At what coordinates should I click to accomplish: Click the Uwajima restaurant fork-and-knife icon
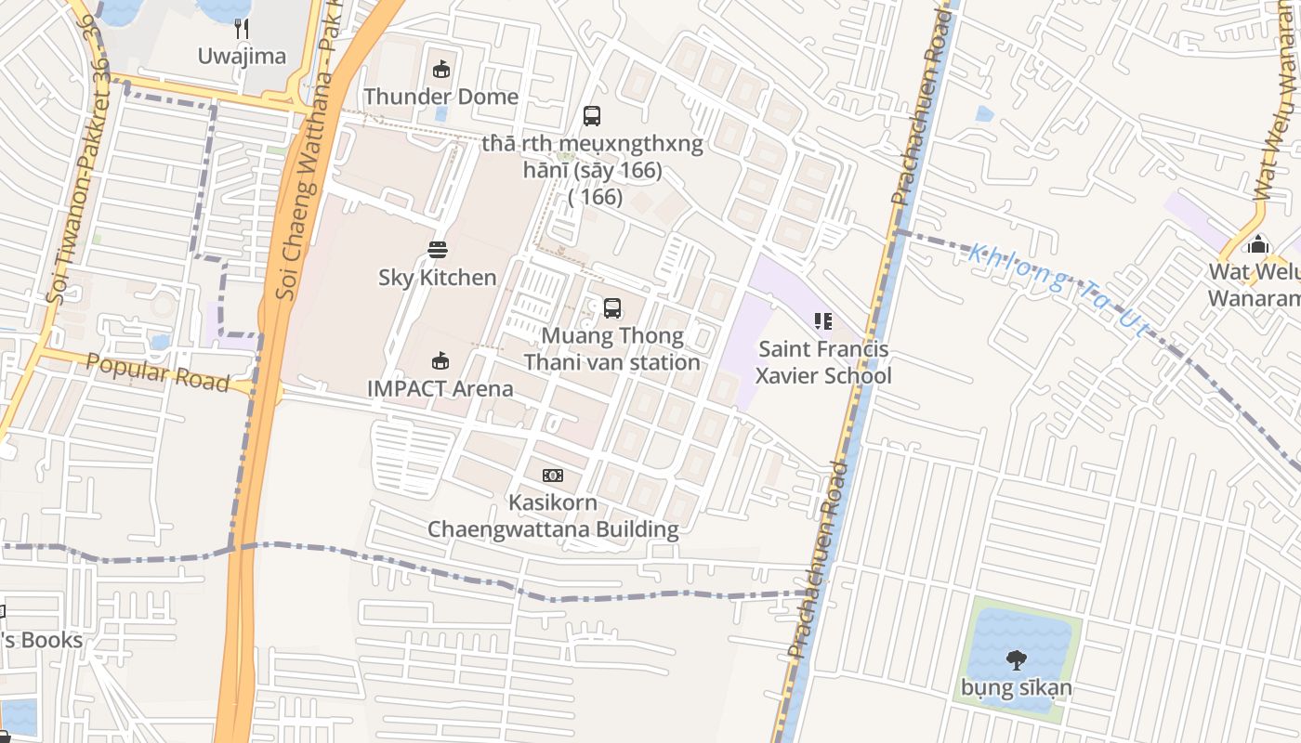[x=242, y=29]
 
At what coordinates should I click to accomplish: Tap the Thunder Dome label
[x=440, y=97]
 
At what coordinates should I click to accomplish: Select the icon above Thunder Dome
[x=440, y=69]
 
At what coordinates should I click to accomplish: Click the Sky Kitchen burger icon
[x=438, y=249]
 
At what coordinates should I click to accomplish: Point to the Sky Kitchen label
[x=438, y=278]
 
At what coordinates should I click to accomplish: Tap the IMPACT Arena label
[x=440, y=388]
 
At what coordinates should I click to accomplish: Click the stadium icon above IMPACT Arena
[x=440, y=360]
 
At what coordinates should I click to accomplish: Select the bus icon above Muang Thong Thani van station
[x=611, y=307]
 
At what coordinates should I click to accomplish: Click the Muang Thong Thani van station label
[x=611, y=349]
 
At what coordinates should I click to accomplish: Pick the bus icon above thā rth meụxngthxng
[x=592, y=116]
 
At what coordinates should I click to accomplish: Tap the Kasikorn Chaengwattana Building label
[x=553, y=515]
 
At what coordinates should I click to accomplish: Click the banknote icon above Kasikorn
[x=553, y=476]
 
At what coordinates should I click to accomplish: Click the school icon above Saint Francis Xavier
[x=822, y=321]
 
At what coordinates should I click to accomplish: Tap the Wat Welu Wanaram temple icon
[x=1258, y=244]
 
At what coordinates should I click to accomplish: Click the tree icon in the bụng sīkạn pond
[x=1017, y=660]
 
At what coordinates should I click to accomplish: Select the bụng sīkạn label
[x=1017, y=688]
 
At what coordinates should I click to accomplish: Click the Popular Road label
[x=157, y=372]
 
